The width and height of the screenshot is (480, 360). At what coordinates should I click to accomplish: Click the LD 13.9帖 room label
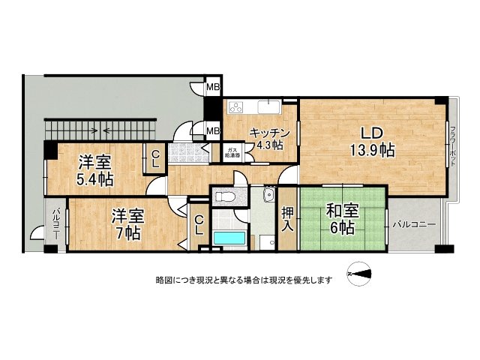click(371, 142)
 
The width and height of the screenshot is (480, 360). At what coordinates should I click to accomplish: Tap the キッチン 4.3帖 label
click(265, 136)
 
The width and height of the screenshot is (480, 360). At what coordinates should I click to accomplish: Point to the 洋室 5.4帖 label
click(96, 169)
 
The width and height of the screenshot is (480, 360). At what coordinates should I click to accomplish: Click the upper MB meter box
click(213, 88)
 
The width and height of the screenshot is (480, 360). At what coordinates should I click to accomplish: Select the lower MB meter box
click(213, 131)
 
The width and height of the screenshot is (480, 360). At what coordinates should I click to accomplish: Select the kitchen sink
click(268, 106)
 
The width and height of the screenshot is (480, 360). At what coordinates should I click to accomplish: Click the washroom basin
click(268, 196)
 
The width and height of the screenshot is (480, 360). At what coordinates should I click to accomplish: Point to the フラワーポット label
click(452, 146)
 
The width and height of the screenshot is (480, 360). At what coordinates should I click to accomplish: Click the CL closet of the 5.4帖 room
click(155, 158)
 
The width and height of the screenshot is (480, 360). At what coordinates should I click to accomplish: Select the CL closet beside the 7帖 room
click(199, 225)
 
